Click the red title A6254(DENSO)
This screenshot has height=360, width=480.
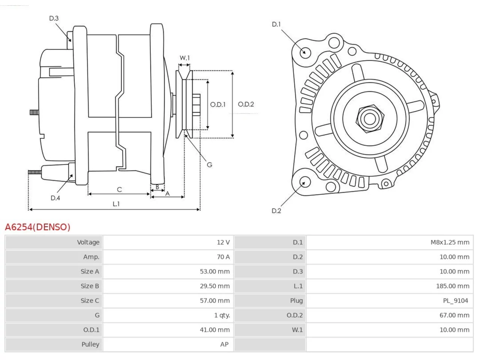pyautogui.click(x=37, y=227)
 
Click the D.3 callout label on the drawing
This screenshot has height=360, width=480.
pyautogui.click(x=54, y=18)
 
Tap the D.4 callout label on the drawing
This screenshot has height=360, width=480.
pyautogui.click(x=55, y=198)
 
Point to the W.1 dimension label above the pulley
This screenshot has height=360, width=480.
pyautogui.click(x=184, y=58)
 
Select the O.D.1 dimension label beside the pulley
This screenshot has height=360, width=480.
pyautogui.click(x=218, y=105)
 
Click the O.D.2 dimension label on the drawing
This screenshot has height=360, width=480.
pyautogui.click(x=246, y=104)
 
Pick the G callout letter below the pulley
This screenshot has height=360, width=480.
pyautogui.click(x=209, y=165)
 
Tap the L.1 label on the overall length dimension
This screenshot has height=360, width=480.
pyautogui.click(x=116, y=204)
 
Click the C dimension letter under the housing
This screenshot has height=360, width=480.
pyautogui.click(x=119, y=189)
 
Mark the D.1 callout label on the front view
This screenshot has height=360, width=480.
pyautogui.click(x=276, y=24)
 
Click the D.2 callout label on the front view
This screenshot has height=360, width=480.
pyautogui.click(x=276, y=211)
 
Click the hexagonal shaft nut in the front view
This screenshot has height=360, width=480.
pyautogui.click(x=370, y=119)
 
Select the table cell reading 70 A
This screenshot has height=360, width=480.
pyautogui.click(x=223, y=257)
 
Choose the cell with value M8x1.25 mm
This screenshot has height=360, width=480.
pyautogui.click(x=450, y=242)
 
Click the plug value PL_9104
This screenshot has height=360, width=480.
pyautogui.click(x=456, y=300)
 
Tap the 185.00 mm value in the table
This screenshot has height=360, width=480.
pyautogui.click(x=453, y=286)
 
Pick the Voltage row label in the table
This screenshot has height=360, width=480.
pyautogui.click(x=88, y=242)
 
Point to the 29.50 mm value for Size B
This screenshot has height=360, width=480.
pyautogui.click(x=215, y=286)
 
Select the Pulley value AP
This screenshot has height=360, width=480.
pyautogui.click(x=224, y=344)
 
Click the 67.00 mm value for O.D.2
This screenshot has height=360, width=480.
pyautogui.click(x=454, y=315)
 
